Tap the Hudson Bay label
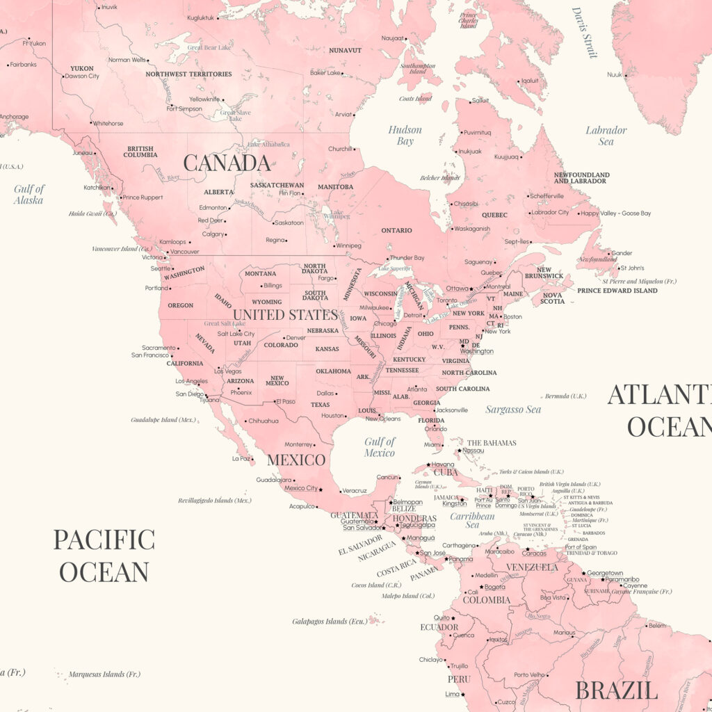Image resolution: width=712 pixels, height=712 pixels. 405,136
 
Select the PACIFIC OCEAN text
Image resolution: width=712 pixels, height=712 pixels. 104,555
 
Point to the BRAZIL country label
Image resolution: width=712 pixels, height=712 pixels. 616,690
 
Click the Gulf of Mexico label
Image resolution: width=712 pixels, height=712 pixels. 380,447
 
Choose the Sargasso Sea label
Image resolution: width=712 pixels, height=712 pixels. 513,410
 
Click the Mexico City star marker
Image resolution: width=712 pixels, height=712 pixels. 321,489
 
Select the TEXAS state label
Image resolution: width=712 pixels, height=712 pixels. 321,405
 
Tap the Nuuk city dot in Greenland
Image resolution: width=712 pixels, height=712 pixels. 626,74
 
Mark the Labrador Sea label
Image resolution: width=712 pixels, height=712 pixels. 606,136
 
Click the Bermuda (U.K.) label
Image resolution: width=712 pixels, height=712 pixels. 565,396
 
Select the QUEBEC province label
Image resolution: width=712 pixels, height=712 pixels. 494,215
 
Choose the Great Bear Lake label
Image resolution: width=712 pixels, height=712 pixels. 209,48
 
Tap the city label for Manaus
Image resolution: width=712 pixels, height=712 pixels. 564,633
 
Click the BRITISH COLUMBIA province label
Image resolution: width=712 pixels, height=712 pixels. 141,152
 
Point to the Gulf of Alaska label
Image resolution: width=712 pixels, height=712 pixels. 29,194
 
